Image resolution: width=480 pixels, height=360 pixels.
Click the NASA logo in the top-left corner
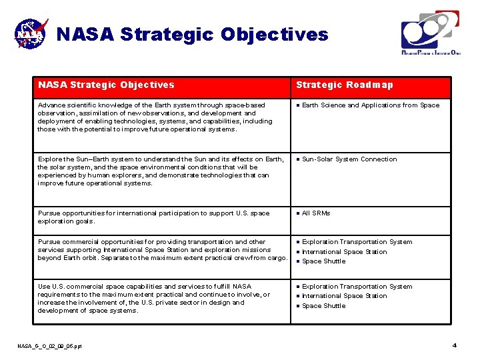point(31,33)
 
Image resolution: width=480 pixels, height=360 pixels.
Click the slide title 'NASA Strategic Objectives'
point(192,34)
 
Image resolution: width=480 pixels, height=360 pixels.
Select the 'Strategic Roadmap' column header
point(345,85)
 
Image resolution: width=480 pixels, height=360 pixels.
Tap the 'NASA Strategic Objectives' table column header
point(107,85)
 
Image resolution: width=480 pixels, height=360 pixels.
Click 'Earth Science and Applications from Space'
point(371,105)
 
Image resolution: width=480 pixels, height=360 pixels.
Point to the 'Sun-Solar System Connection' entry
point(349,159)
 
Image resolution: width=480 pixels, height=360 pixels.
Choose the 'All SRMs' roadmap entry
point(316,213)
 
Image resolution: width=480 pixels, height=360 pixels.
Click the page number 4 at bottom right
point(454,345)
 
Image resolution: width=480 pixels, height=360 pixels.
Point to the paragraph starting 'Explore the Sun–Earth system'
point(160,171)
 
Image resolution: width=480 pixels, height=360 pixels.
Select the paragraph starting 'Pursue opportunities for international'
point(154,217)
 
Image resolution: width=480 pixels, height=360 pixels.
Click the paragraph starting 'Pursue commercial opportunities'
point(162,250)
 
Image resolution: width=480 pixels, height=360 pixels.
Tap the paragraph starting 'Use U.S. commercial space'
point(154,299)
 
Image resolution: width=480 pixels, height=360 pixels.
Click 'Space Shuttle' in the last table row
point(324,306)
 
